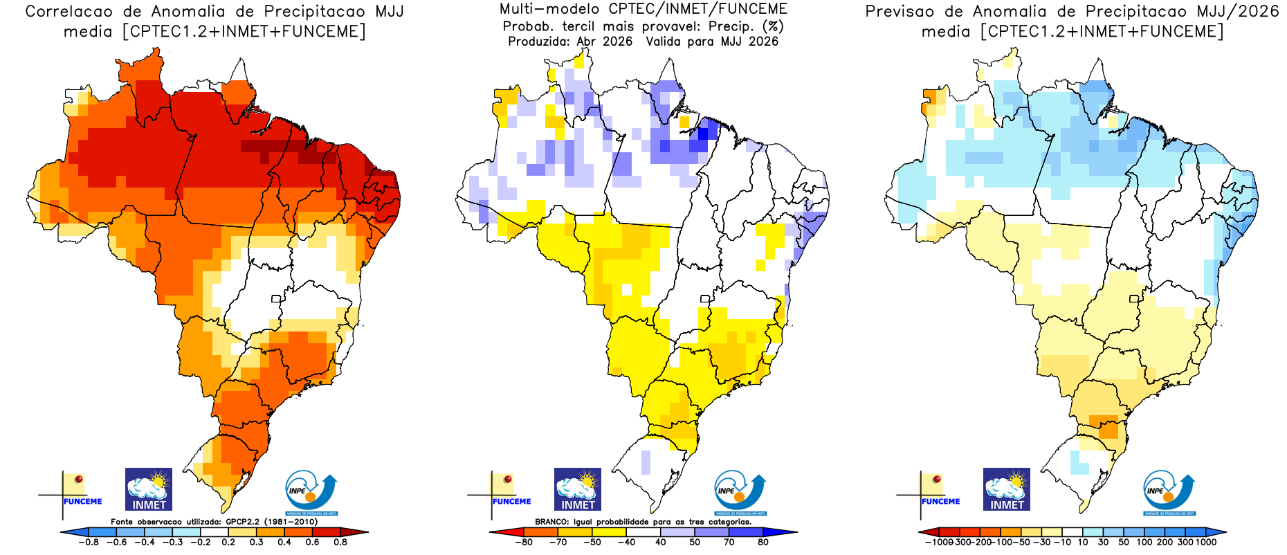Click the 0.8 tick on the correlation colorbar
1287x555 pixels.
point(340,543)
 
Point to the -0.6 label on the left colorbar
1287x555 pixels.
point(116,543)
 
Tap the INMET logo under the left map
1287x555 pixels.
point(149,489)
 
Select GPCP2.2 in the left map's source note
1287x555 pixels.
point(244,522)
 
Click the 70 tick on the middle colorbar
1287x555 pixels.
point(729,543)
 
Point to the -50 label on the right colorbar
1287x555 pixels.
point(1023,543)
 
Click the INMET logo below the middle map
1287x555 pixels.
point(578,489)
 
